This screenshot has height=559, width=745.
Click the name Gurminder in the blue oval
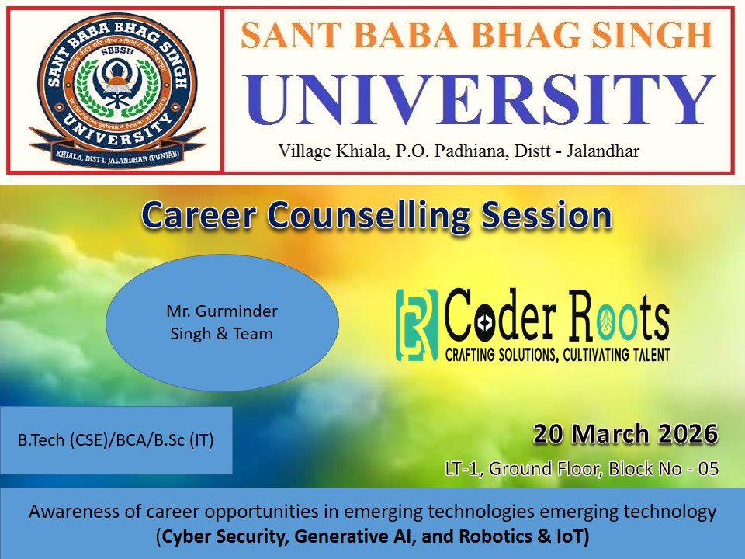[x=237, y=311]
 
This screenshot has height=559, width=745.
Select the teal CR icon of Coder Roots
[x=417, y=325]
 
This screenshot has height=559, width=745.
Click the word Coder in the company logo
[x=501, y=316]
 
